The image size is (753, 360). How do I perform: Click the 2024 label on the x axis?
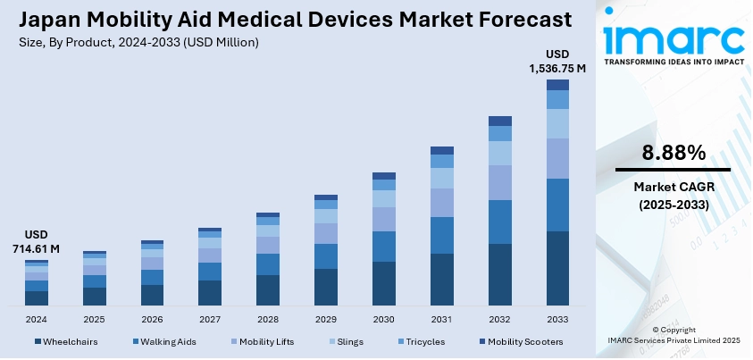click(x=37, y=319)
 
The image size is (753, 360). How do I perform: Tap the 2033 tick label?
click(x=557, y=319)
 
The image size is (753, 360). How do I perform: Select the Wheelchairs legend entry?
click(x=70, y=341)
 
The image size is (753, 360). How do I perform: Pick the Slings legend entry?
click(x=348, y=341)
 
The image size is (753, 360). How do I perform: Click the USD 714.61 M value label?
click(x=37, y=240)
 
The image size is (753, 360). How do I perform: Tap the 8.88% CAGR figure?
click(x=674, y=152)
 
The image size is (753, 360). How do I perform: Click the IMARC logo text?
click(x=674, y=38)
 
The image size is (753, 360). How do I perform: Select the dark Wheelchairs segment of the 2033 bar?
click(x=557, y=268)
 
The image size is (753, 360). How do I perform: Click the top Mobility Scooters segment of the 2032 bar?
click(x=500, y=121)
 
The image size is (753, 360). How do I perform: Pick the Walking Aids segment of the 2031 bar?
click(x=442, y=235)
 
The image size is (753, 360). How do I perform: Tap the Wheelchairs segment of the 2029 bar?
click(x=326, y=287)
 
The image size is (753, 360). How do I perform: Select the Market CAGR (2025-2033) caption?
click(x=674, y=195)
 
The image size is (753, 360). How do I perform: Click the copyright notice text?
click(x=674, y=335)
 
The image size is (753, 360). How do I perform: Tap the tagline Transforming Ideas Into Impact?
click(x=674, y=63)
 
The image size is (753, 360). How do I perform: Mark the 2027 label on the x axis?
click(x=210, y=319)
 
